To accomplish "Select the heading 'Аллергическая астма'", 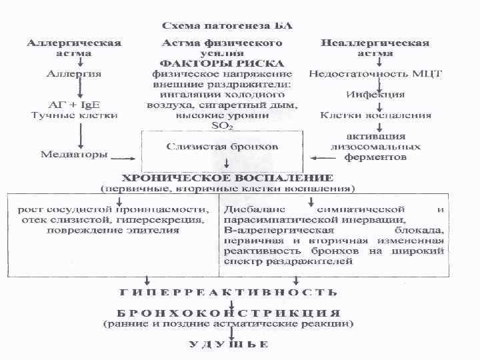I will [x=74, y=47].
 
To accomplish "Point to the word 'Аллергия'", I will [x=74, y=73].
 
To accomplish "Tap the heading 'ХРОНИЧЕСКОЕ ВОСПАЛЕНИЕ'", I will [x=227, y=178].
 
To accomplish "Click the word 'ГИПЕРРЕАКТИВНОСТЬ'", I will [x=227, y=292].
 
